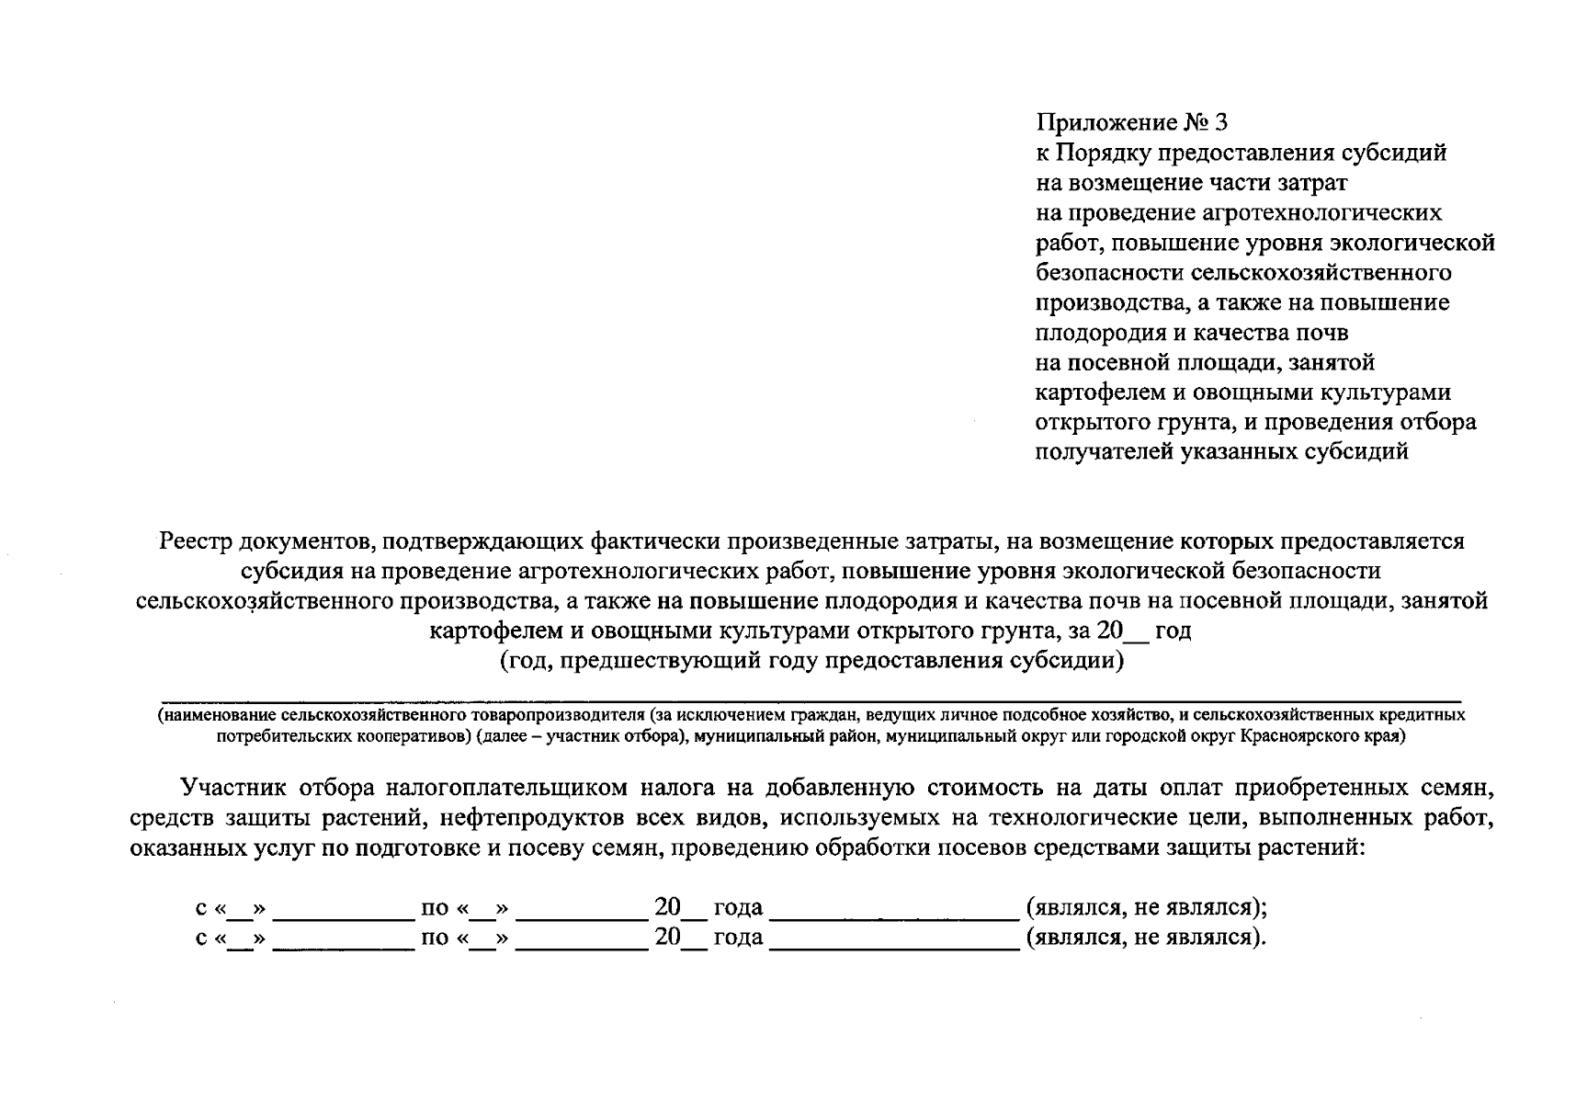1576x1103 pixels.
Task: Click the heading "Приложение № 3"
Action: tap(1131, 122)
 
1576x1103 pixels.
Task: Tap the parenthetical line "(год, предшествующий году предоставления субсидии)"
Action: tap(811, 661)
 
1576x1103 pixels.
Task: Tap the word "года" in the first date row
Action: tap(738, 908)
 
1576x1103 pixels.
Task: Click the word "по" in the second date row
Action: tap(434, 938)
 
